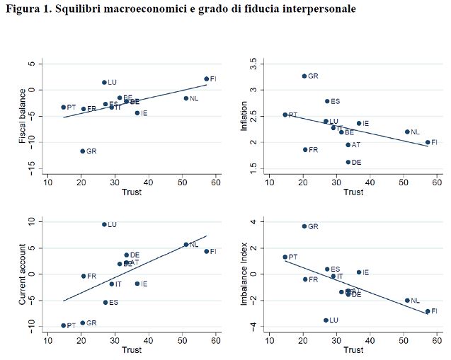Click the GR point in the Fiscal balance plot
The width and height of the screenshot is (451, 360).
point(82,151)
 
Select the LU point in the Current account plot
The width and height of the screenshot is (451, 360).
point(104,224)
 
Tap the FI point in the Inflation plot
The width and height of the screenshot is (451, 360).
point(428,142)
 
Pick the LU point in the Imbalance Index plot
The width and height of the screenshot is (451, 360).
point(326,320)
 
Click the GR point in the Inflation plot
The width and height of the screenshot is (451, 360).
point(304,76)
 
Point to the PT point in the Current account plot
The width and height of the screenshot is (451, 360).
point(63,325)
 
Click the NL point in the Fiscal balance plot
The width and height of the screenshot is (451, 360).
point(186,98)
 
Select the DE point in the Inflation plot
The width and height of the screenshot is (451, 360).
point(348,162)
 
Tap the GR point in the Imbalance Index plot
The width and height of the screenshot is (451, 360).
point(304,226)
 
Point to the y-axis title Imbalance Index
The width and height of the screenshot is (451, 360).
point(245,274)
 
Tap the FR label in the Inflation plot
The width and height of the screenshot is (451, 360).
point(314,150)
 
